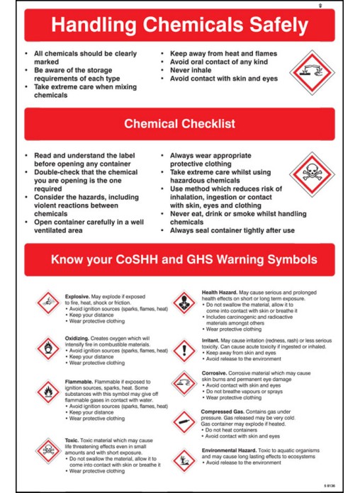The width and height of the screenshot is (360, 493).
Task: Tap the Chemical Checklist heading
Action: click(179, 123)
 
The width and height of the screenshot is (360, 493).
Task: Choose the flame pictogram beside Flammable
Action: click(48, 392)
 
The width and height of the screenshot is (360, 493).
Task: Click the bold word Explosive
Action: click(77, 297)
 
